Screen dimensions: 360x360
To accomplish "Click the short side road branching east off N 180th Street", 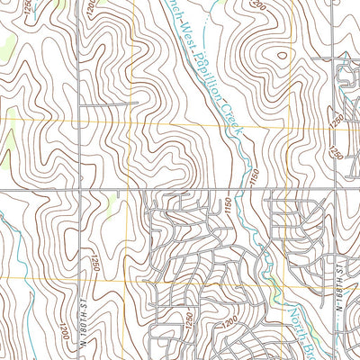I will (x=99, y=105).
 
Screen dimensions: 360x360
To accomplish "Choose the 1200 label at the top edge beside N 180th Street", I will (x=94, y=9).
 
